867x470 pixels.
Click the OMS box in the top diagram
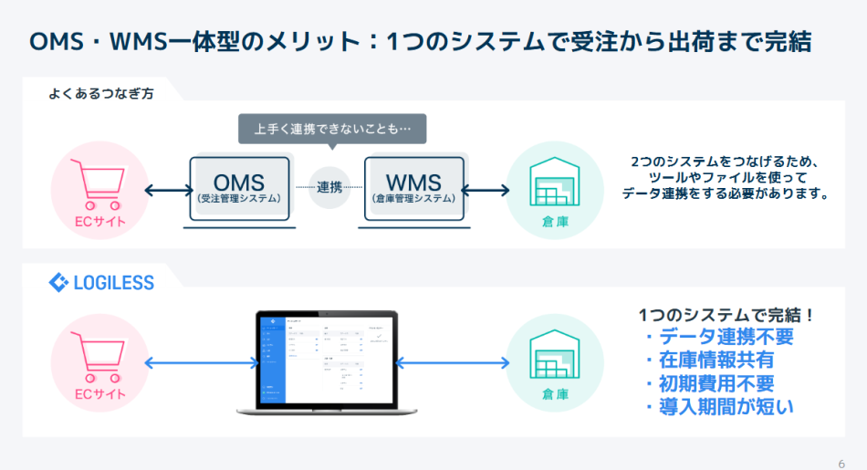click(x=239, y=188)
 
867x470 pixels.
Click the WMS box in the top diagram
click(x=413, y=188)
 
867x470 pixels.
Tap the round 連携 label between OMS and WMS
click(x=329, y=188)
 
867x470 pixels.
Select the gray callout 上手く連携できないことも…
click(x=332, y=129)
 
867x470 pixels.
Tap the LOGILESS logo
click(x=101, y=283)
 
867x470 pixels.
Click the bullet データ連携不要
click(x=718, y=337)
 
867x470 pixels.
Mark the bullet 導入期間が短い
click(x=718, y=407)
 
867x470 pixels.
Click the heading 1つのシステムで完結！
click(x=726, y=315)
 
